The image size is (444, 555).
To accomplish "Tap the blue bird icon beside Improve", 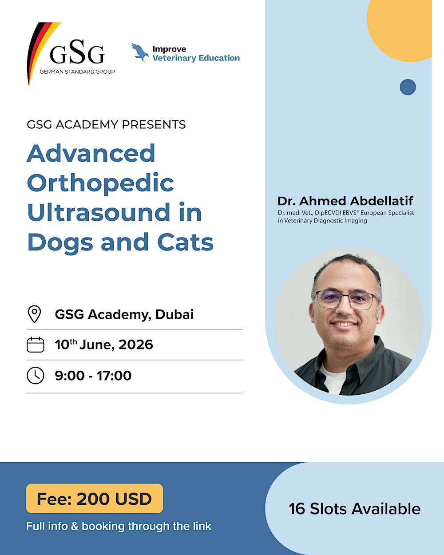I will pyautogui.click(x=140, y=52).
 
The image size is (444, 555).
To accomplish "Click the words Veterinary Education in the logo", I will pyautogui.click(x=196, y=58).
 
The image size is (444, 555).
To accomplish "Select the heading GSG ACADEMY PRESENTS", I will pyautogui.click(x=106, y=124).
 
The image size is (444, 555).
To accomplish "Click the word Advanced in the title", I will pyautogui.click(x=91, y=153).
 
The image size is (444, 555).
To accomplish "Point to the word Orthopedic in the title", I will pyautogui.click(x=100, y=183).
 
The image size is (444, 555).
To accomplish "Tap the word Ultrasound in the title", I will pyautogui.click(x=99, y=212).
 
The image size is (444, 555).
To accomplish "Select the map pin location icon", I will pyautogui.click(x=35, y=314).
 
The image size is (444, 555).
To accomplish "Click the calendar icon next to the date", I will pyautogui.click(x=36, y=345).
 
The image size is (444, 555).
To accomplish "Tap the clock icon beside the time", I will pyautogui.click(x=36, y=376).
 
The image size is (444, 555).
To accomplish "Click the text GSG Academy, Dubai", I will pyautogui.click(x=124, y=314).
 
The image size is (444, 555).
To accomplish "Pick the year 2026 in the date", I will pyautogui.click(x=135, y=345).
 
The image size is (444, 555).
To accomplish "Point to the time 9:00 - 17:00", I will pyautogui.click(x=93, y=376).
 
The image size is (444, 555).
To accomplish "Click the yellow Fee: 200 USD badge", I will pyautogui.click(x=95, y=499).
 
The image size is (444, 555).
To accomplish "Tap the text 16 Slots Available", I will pyautogui.click(x=354, y=509).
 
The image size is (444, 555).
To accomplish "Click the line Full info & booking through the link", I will pyautogui.click(x=119, y=526).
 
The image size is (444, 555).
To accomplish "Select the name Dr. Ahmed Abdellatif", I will pyautogui.click(x=345, y=201).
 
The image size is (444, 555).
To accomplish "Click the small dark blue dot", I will pyautogui.click(x=408, y=87).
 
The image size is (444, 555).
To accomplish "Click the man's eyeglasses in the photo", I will pyautogui.click(x=346, y=300).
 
